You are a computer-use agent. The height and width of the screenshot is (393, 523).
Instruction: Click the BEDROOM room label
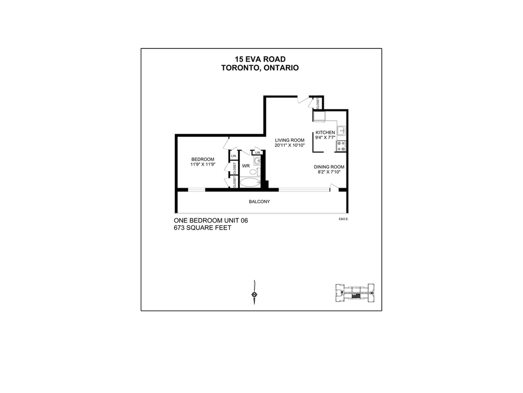tap(203, 159)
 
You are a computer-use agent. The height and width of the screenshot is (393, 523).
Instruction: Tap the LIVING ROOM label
tap(289, 140)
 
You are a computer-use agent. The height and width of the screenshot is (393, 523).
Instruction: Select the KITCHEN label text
tap(325, 132)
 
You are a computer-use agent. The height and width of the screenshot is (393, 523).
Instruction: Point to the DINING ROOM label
tap(329, 167)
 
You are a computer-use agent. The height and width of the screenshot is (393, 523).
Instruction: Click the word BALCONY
tap(259, 202)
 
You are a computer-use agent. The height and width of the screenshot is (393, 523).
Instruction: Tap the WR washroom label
tap(246, 166)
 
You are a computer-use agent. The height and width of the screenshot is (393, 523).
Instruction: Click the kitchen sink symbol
tap(341, 130)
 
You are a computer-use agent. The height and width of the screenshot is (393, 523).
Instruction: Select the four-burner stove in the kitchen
tap(341, 146)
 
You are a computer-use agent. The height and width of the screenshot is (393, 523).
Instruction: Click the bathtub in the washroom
tap(250, 183)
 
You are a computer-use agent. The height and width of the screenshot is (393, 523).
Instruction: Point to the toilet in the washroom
tap(253, 172)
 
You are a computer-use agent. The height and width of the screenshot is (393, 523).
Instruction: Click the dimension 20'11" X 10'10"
tap(289, 145)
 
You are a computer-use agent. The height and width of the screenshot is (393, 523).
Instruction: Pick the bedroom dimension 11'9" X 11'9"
tap(203, 164)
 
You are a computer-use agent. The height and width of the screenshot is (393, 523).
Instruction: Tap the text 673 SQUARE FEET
tap(202, 228)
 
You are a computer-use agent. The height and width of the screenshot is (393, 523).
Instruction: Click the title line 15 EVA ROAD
tap(260, 59)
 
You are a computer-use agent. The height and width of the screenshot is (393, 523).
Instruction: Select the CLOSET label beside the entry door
tap(318, 102)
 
